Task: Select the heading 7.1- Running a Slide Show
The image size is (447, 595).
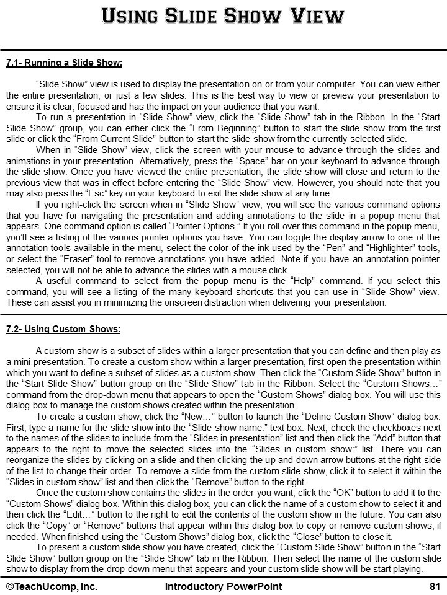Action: click(64, 63)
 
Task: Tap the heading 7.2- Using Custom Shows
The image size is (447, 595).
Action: click(63, 329)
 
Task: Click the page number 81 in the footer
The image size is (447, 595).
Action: click(435, 586)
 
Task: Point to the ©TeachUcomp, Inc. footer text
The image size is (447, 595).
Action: click(52, 586)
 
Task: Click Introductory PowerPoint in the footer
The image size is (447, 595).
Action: click(223, 586)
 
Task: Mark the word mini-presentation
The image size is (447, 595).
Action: click(47, 361)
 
